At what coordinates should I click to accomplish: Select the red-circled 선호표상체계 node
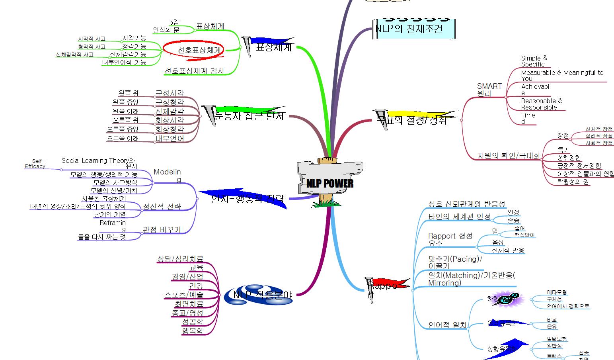pyautogui.click(x=193, y=50)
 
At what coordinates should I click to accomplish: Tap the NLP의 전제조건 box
pyautogui.click(x=413, y=29)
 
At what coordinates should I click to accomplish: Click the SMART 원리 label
pyautogui.click(x=489, y=90)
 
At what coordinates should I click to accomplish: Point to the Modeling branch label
pyautogui.click(x=167, y=175)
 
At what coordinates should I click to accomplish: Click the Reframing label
pyautogui.click(x=113, y=226)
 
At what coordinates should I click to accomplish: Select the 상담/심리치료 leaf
pyautogui.click(x=180, y=259)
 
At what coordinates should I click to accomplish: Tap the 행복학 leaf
pyautogui.click(x=193, y=330)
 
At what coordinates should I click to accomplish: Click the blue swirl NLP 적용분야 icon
pyautogui.click(x=258, y=295)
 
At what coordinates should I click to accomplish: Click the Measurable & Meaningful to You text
pyautogui.click(x=562, y=75)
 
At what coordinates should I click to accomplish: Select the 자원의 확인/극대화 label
pyautogui.click(x=509, y=156)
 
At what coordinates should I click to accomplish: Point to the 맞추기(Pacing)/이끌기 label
pyautogui.click(x=455, y=262)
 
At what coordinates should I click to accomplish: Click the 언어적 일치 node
pyautogui.click(x=447, y=325)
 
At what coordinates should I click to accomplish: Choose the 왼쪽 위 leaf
pyautogui.click(x=128, y=93)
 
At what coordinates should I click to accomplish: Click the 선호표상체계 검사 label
pyautogui.click(x=194, y=71)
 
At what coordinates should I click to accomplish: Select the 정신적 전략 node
pyautogui.click(x=162, y=207)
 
